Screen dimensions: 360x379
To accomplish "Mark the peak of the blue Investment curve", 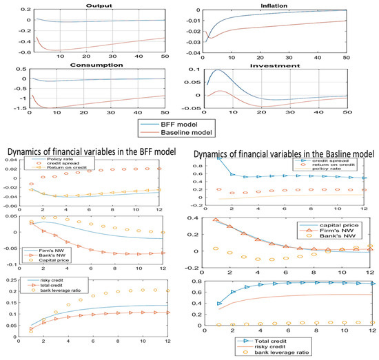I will tap(216, 70).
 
